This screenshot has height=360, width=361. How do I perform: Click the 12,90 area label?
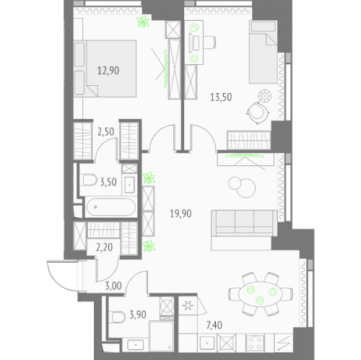[x=108, y=71]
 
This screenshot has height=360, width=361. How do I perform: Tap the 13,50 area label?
[x=221, y=97]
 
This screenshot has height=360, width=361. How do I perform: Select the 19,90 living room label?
[x=180, y=214]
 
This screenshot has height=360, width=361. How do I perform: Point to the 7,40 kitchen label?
[x=214, y=325]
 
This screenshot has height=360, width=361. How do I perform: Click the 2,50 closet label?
[x=106, y=132]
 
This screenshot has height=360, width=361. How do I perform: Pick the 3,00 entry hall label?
[x=113, y=286]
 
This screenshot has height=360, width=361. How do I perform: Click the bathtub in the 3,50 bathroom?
[x=111, y=207]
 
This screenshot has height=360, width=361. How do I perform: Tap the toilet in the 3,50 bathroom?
[x=89, y=180]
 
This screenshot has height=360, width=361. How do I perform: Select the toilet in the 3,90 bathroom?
[x=118, y=317]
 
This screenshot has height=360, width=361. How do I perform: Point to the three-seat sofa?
[x=244, y=223]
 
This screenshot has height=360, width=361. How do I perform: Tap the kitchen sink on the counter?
[x=207, y=343]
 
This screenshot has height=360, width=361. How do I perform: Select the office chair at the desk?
[x=209, y=43]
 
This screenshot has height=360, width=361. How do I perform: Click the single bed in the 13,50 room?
[x=264, y=52]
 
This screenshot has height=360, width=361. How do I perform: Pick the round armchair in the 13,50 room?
[x=258, y=113]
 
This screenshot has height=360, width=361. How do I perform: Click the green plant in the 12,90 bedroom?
[x=143, y=22]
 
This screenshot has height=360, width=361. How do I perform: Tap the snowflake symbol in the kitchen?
[x=188, y=306]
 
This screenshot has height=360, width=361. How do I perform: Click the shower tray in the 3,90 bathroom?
[x=162, y=336]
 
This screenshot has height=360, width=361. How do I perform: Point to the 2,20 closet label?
[x=104, y=247]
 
